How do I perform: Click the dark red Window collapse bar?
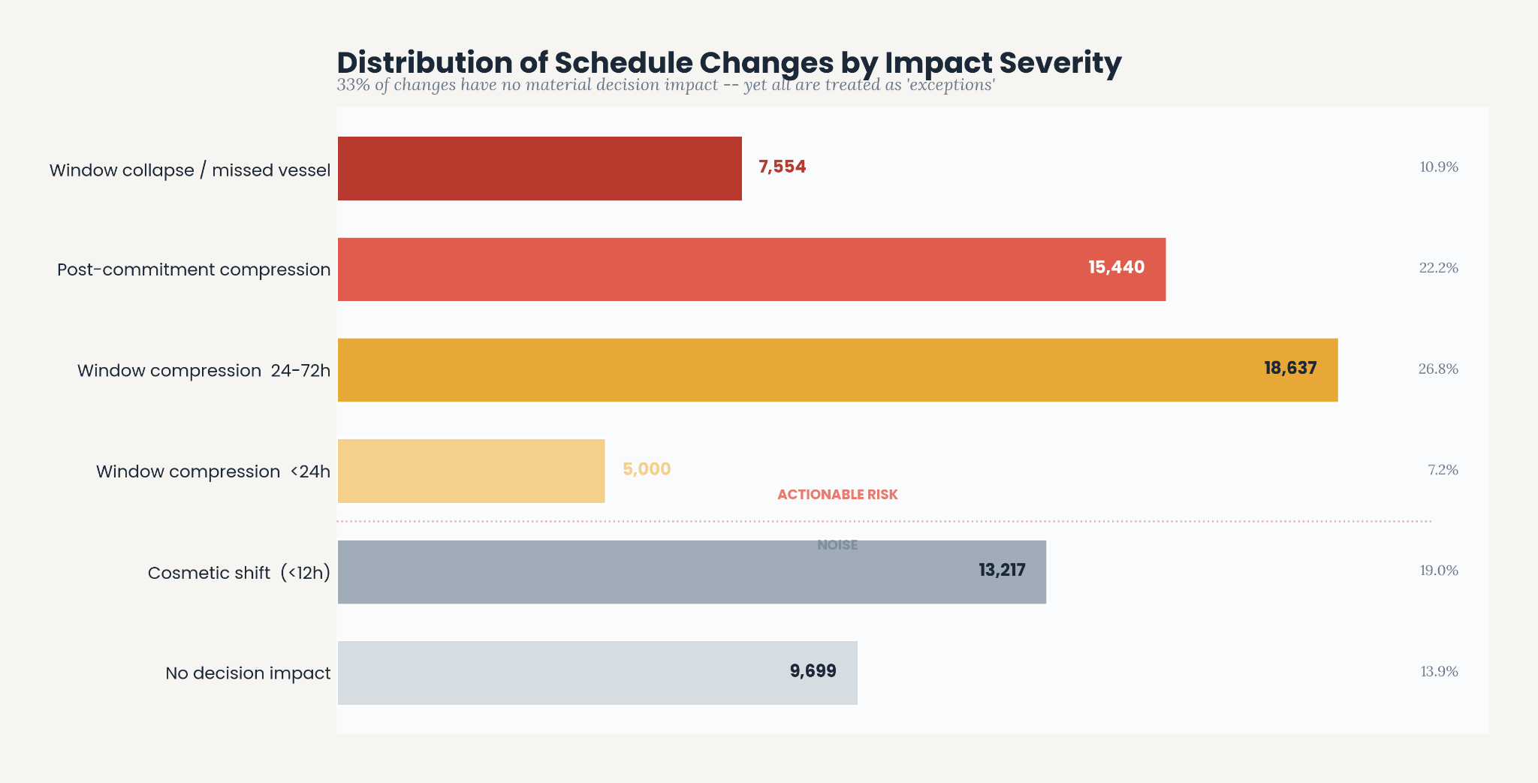[540, 168]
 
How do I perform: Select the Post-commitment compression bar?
[752, 270]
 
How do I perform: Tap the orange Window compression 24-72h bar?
[838, 370]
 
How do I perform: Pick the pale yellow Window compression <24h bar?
[472, 471]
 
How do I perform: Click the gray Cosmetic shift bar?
[692, 572]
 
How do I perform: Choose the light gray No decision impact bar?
[598, 673]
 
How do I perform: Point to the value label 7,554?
[782, 167]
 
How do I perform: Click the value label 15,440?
[1117, 267]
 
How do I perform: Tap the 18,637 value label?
[1290, 368]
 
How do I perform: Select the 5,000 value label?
[647, 469]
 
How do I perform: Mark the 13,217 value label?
[1002, 570]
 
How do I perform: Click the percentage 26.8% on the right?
[1438, 369]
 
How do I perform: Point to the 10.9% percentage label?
[1439, 167]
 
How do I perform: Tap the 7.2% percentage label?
[1443, 470]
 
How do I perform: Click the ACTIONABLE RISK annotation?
[837, 495]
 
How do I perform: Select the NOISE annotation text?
[837, 545]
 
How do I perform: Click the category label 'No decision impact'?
[248, 673]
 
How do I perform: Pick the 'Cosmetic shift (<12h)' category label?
[239, 573]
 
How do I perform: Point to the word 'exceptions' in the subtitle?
[951, 85]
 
